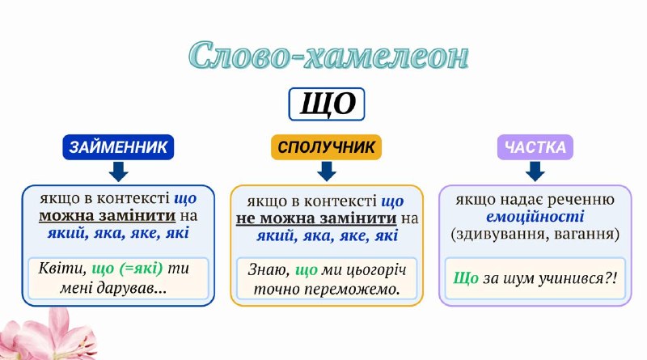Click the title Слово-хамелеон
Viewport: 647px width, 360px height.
(x=328, y=55)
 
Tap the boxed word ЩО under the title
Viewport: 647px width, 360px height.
(x=327, y=104)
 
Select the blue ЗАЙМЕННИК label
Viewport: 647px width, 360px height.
(x=118, y=147)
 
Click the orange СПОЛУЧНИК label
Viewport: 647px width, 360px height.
(x=326, y=147)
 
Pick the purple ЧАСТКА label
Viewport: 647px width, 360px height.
(x=535, y=147)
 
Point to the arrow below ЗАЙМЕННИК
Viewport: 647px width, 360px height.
(x=118, y=172)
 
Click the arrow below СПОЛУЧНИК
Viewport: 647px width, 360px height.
(x=327, y=172)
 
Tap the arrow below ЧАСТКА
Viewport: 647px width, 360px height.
(x=535, y=172)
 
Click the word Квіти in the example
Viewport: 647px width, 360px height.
(x=62, y=269)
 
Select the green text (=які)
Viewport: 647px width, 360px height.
(x=141, y=269)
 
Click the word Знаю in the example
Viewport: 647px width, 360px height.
(x=269, y=270)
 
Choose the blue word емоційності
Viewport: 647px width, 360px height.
(x=535, y=217)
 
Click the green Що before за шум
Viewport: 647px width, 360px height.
(x=466, y=278)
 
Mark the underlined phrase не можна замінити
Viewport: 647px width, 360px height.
(x=316, y=218)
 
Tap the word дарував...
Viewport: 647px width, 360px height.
(x=132, y=288)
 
